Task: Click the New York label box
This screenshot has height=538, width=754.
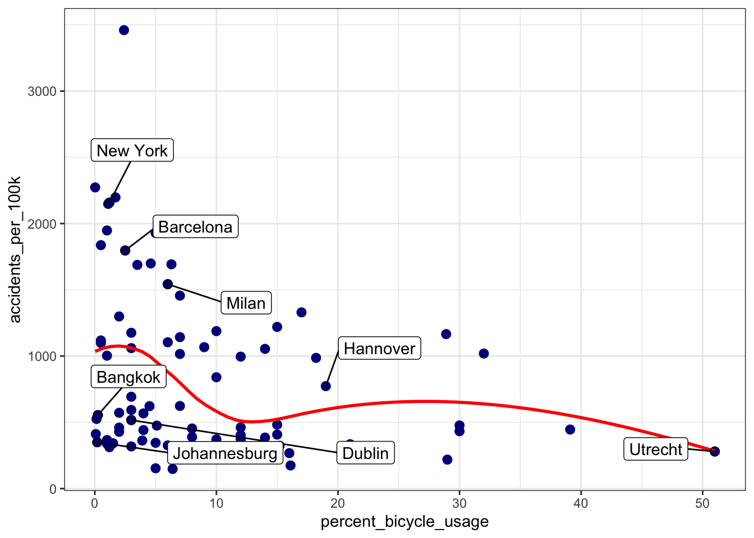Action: (132, 150)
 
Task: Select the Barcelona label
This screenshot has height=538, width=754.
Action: (195, 226)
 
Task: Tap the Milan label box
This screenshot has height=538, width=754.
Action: (246, 303)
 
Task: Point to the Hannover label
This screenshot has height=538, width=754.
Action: (379, 349)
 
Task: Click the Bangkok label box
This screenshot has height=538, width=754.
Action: (128, 377)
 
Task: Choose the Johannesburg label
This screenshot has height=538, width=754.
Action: (224, 453)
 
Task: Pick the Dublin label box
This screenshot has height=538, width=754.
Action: (365, 453)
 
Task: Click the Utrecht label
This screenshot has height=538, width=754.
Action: (655, 449)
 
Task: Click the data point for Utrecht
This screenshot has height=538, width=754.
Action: (714, 451)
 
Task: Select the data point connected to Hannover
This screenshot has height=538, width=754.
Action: (326, 386)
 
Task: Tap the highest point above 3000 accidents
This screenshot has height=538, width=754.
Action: (124, 30)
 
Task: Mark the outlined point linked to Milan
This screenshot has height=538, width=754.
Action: (168, 284)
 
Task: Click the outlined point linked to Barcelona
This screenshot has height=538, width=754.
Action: (125, 251)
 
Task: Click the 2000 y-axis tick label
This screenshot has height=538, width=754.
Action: (42, 224)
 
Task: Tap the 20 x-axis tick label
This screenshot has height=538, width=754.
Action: (338, 503)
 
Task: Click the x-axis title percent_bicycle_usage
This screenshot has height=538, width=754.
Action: (404, 522)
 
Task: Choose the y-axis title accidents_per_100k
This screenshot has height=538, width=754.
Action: (15, 249)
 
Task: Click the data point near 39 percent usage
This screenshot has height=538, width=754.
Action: (570, 429)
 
